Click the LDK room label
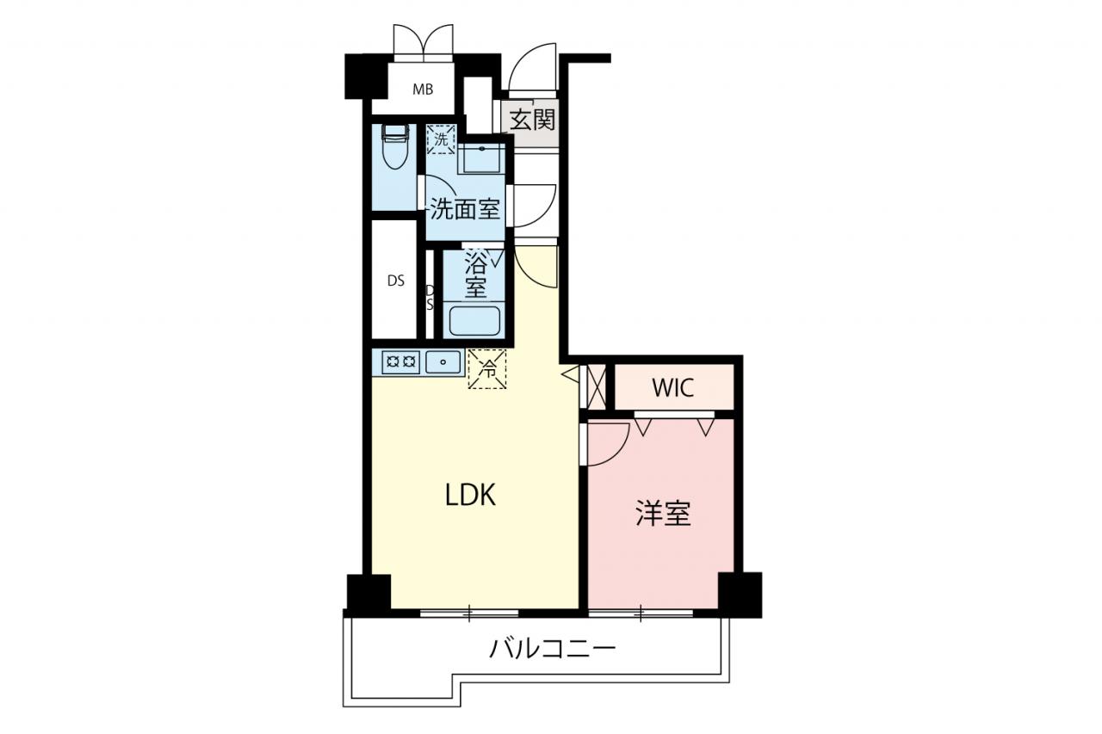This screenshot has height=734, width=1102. pos(470,495)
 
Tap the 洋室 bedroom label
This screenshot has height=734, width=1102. pos(663,514)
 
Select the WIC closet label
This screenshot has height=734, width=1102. pos(673,388)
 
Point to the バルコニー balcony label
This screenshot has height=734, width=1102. pos(553,649)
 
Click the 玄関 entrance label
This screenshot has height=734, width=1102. pos(532,120)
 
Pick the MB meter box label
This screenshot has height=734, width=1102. pos(423,89)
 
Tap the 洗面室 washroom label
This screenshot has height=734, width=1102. pos(465,209)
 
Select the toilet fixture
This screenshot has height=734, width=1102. pos(395,146)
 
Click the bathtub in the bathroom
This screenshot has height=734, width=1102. pos(474,321)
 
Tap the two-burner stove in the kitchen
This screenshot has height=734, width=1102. pos(401,362)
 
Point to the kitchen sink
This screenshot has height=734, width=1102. pos(443,362)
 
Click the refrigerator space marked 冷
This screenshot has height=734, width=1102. pos(487,368)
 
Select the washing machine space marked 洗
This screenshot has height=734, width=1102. pos(442,139)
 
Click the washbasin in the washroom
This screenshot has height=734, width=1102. pos(481,158)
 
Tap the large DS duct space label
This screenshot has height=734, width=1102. pos(396,281)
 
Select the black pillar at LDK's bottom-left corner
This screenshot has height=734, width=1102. pos(369,593)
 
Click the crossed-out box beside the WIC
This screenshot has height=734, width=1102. pos(597,387)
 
